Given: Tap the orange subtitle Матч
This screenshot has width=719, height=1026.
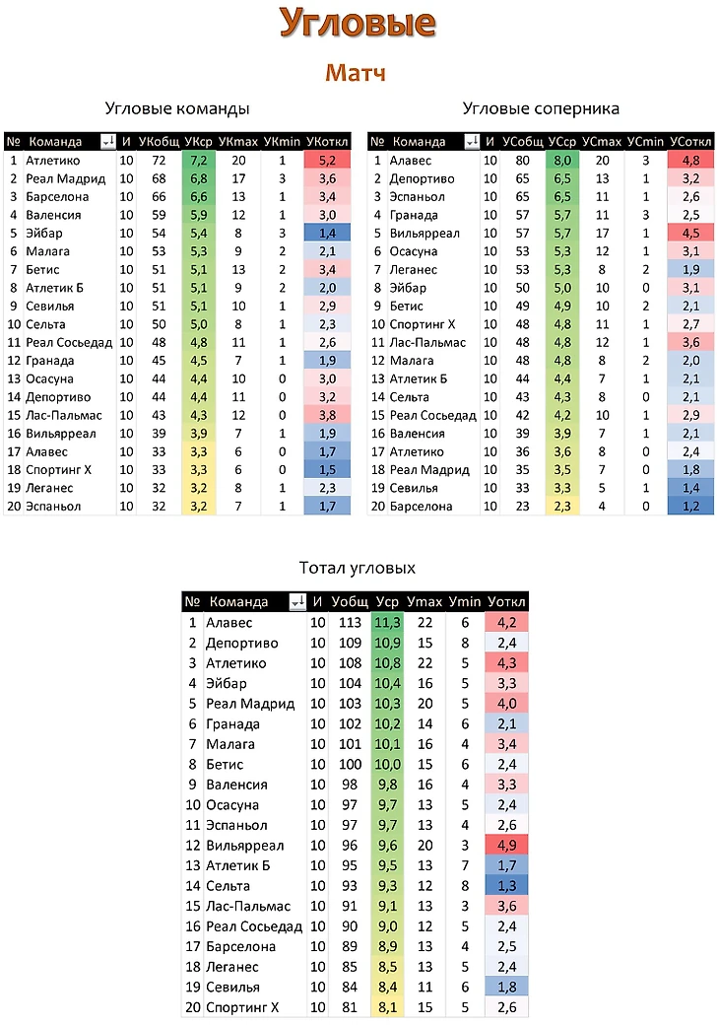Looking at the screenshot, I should coord(356,73).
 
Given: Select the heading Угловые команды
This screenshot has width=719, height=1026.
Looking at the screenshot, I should coord(176,108).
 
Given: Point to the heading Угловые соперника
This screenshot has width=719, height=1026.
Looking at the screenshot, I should coord(541,108).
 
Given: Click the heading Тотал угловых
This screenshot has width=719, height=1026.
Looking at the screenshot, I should coord(357,568).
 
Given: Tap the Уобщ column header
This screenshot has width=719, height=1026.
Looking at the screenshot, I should coord(349,601).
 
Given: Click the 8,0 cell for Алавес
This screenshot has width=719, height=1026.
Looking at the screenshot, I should coord(562,160).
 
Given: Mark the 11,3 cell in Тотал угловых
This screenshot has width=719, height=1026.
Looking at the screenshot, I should coord(387,623).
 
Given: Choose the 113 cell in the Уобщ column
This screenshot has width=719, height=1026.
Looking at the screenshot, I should coord(349,623).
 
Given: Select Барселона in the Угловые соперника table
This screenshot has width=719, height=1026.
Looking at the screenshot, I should coord(421,507).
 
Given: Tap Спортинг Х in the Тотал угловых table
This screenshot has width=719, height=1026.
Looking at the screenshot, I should coord(242,1007).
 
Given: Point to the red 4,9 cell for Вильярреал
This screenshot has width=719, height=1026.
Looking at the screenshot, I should coord(506,846).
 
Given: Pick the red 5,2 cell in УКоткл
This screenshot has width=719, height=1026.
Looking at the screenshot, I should coord(328,160).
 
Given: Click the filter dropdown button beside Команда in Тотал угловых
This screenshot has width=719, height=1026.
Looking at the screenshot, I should coord(295,602).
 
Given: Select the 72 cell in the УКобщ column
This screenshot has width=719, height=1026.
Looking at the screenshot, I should coord(158,160).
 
